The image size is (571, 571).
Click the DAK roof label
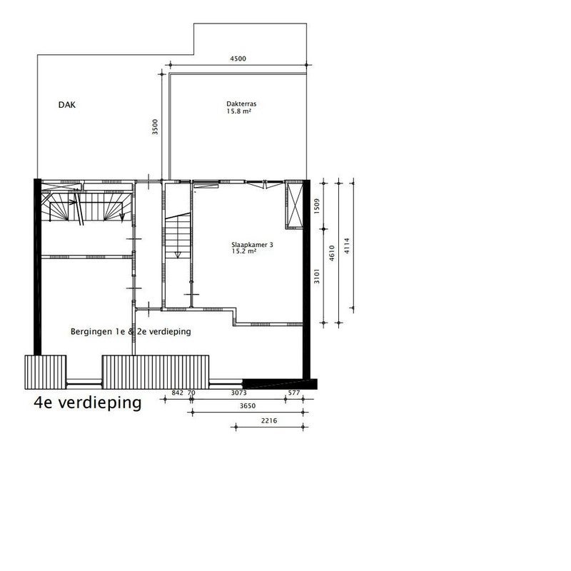click(67, 105)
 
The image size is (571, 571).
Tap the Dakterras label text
click(241, 103)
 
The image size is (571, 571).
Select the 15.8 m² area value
click(239, 111)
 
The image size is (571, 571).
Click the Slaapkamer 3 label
click(252, 245)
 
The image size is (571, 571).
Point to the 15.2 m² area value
click(244, 251)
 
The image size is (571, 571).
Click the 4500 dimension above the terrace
click(238, 59)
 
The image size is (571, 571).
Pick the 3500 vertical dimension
click(155, 127)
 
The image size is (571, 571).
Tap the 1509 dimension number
click(316, 206)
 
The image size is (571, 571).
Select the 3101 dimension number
click(316, 276)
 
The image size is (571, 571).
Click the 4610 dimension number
click(332, 253)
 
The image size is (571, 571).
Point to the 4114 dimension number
click(347, 246)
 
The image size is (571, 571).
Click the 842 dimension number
click(177, 393)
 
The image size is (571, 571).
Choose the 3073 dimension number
click(239, 393)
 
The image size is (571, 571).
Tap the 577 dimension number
click(294, 393)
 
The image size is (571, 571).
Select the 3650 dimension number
click(248, 405)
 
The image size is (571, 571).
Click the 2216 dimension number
click(269, 420)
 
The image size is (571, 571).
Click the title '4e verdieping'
click(87, 403)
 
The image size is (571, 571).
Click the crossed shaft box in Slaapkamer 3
click(294, 205)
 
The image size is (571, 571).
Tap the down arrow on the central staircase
click(178, 255)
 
